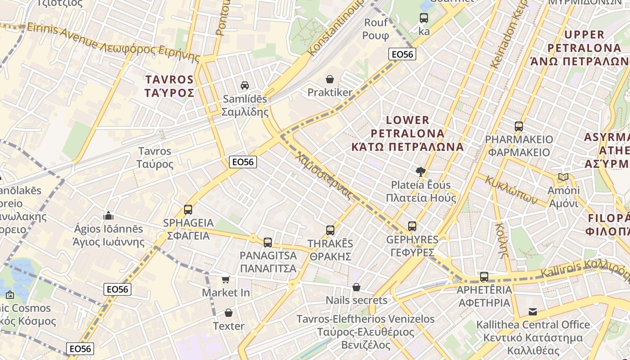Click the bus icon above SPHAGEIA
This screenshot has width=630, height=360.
tap(188, 210)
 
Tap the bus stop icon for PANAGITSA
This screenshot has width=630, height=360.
tap(268, 243)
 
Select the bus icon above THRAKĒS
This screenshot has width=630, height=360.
tap(330, 230)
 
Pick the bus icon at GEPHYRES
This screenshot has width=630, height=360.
tap(412, 226)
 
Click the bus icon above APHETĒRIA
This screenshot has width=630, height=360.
tap(484, 277)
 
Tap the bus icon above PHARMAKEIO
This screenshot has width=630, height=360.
tap(519, 126)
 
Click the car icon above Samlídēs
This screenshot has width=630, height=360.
tap(245, 85)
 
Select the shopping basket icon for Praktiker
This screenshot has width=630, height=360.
tap(330, 80)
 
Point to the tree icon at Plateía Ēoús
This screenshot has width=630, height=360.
tap(421, 171)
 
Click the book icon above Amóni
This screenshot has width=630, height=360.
tap(563, 177)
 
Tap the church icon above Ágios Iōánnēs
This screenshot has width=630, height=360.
tap(108, 216)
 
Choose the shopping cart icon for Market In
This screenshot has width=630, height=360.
tap(226, 279)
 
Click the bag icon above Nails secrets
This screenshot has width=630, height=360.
tap(356, 287)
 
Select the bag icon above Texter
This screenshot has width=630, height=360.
tap(229, 313)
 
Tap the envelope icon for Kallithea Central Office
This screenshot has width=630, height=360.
tap(533, 311)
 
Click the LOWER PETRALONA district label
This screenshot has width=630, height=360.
tap(408, 133)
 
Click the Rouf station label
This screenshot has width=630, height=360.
tap(376, 29)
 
